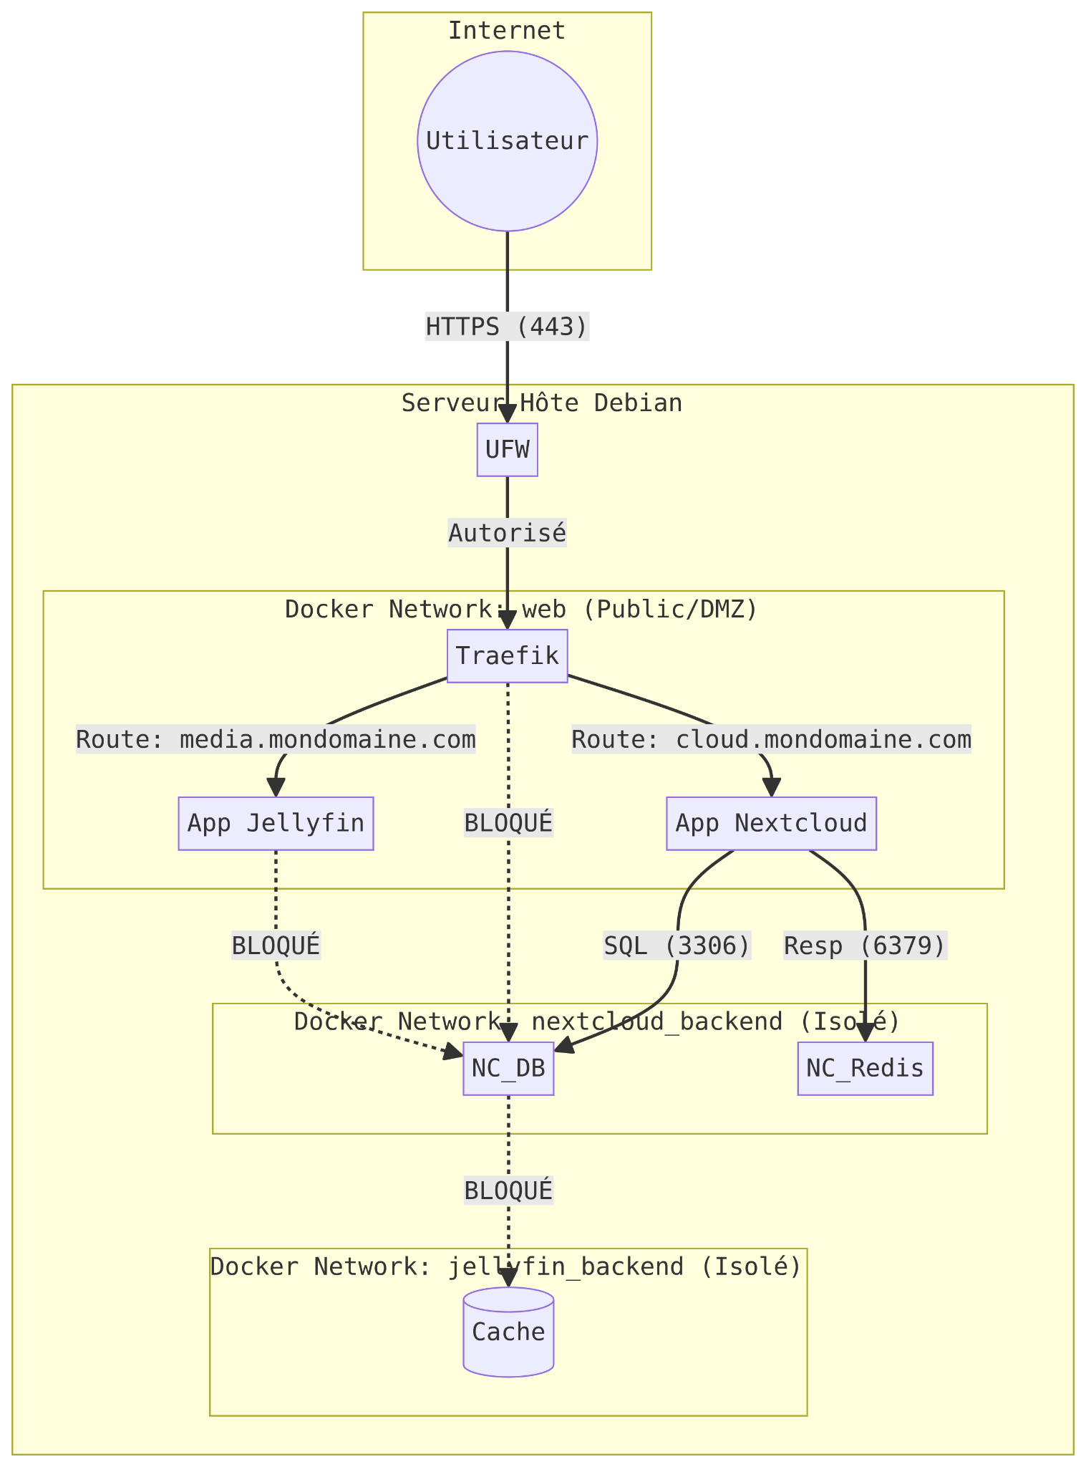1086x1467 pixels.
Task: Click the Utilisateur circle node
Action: (507, 141)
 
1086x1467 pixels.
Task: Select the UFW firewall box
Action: (507, 450)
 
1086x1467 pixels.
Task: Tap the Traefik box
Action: (507, 655)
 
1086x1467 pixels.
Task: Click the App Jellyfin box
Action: (276, 823)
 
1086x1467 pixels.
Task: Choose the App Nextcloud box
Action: (771, 823)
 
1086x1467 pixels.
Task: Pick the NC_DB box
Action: (508, 1068)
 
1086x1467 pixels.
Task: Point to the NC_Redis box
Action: (865, 1068)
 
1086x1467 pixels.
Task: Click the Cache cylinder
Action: (508, 1332)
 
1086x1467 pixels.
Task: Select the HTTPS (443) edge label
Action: (507, 327)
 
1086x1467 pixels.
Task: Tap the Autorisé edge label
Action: (507, 533)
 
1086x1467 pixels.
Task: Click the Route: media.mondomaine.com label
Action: (276, 739)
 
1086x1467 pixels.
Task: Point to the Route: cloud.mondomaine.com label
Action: (771, 739)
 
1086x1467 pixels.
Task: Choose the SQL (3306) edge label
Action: (677, 946)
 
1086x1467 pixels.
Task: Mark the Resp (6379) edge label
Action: (865, 946)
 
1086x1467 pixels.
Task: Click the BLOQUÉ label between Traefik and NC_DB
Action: (508, 823)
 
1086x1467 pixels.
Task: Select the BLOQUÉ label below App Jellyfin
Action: (276, 946)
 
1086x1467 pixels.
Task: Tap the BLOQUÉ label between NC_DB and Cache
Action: (508, 1190)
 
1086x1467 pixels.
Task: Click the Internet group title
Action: (507, 31)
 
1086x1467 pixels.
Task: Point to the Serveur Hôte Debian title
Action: (541, 403)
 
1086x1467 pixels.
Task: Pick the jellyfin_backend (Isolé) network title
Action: (505, 1266)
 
